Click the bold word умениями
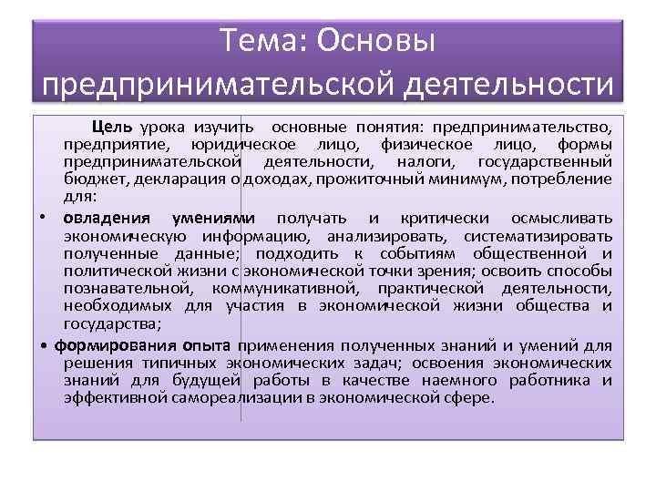215,219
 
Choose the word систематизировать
538,236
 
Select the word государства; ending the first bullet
108,323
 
